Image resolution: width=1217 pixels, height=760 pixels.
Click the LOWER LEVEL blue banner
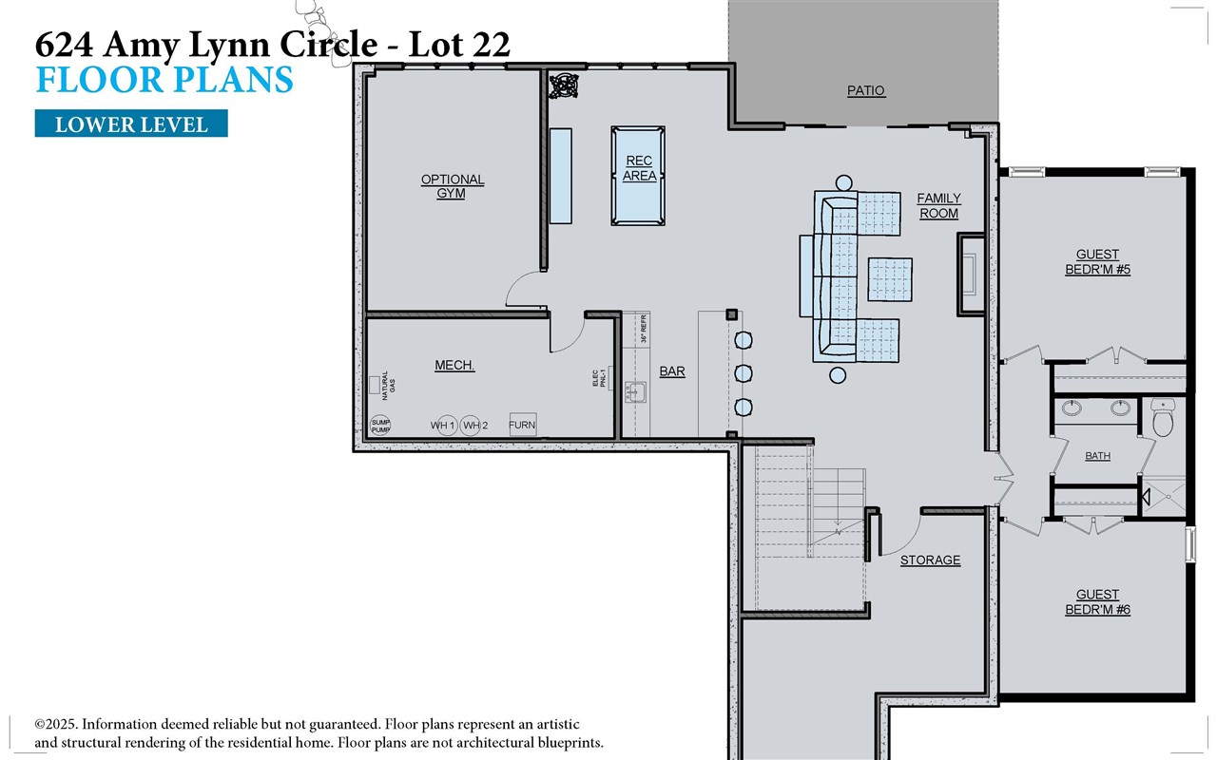point(131,124)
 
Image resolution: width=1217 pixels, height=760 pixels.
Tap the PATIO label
point(865,91)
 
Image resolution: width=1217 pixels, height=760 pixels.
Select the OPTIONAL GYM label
point(453,186)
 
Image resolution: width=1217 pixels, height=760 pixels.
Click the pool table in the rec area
point(638,176)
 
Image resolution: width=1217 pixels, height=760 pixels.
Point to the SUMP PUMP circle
point(380,426)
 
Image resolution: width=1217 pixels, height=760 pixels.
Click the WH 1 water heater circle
point(442,426)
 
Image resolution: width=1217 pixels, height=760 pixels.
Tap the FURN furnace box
point(522,425)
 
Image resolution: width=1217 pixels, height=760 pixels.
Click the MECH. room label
point(454,366)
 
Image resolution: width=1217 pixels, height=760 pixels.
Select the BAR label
point(672,372)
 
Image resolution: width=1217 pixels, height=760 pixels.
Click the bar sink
point(635,392)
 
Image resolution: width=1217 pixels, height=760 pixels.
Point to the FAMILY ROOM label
point(938,206)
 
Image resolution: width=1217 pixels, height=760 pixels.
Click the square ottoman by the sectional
point(890,279)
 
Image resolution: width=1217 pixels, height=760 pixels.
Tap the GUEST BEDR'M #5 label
point(1096,262)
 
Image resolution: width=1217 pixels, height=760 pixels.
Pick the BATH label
point(1097,456)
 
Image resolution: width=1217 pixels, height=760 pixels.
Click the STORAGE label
point(930,560)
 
